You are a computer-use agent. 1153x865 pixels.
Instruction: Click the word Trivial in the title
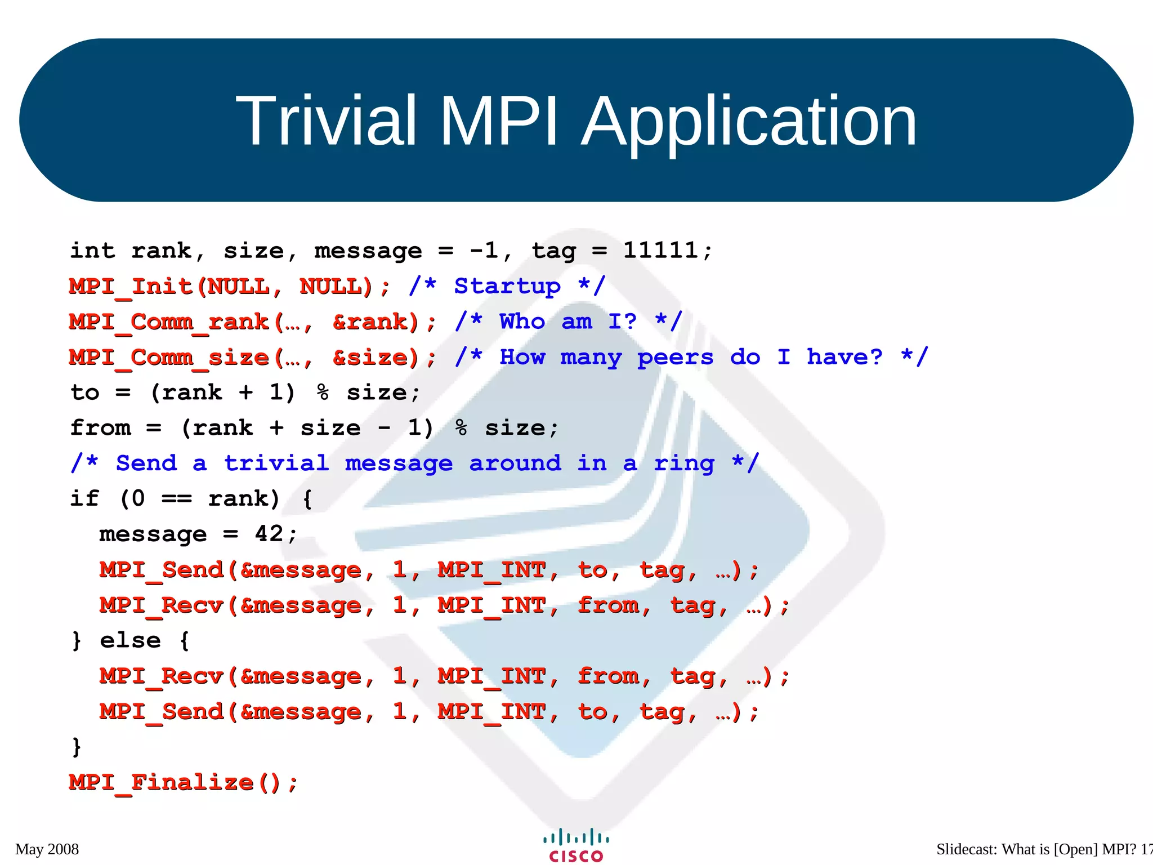point(325,121)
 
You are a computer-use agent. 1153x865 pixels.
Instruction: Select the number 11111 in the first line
point(660,251)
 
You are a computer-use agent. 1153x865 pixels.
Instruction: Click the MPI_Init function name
point(131,287)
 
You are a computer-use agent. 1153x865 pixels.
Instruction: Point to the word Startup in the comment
point(507,287)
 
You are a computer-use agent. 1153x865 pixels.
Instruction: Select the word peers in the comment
point(675,358)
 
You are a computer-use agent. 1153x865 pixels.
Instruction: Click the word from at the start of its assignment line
point(100,428)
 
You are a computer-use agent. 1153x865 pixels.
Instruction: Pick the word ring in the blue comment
point(683,463)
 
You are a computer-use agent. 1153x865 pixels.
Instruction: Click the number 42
point(269,534)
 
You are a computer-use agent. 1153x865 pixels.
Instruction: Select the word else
point(130,640)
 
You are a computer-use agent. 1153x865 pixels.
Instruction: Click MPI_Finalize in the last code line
point(161,782)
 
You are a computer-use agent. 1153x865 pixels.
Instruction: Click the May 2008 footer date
point(47,849)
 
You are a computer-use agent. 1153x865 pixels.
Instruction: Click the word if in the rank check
point(84,498)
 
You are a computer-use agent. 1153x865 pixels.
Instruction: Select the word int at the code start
point(92,251)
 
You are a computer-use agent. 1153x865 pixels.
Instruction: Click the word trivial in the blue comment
point(276,463)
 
